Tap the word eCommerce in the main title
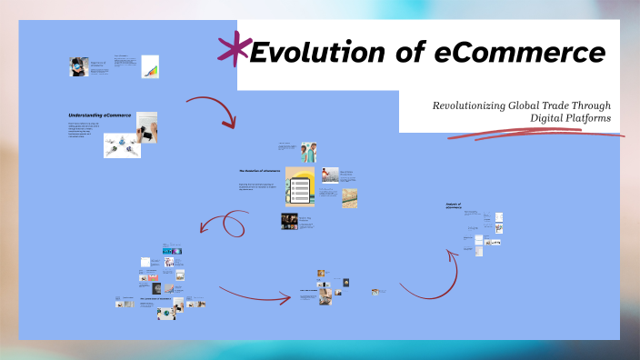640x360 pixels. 519,53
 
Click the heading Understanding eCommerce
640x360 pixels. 99,115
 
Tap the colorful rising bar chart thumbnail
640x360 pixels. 150,66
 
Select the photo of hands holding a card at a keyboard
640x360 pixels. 146,127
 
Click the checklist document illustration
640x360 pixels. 300,187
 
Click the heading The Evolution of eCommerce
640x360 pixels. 259,170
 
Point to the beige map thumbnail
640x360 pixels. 349,197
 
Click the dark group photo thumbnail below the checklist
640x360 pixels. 290,221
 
